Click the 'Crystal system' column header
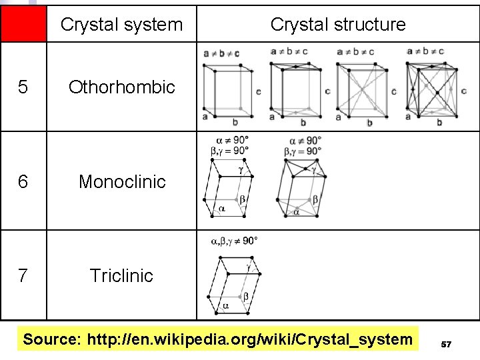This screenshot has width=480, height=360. pyautogui.click(x=121, y=25)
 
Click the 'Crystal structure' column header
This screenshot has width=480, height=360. pyautogui.click(x=338, y=25)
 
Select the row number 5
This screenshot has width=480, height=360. pyautogui.click(x=23, y=87)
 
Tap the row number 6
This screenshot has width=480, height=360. pyautogui.click(x=23, y=181)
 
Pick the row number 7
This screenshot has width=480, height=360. pyautogui.click(x=23, y=275)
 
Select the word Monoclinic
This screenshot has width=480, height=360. pyautogui.click(x=122, y=181)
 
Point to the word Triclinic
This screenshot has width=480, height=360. pyautogui.click(x=121, y=275)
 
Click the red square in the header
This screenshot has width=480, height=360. pyautogui.click(x=23, y=25)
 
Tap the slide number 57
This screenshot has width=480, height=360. pyautogui.click(x=447, y=344)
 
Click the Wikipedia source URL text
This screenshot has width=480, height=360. pyautogui.click(x=249, y=340)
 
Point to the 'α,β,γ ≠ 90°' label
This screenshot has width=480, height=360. pyautogui.click(x=234, y=241)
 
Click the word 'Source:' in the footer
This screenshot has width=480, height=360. pyautogui.click(x=51, y=340)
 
